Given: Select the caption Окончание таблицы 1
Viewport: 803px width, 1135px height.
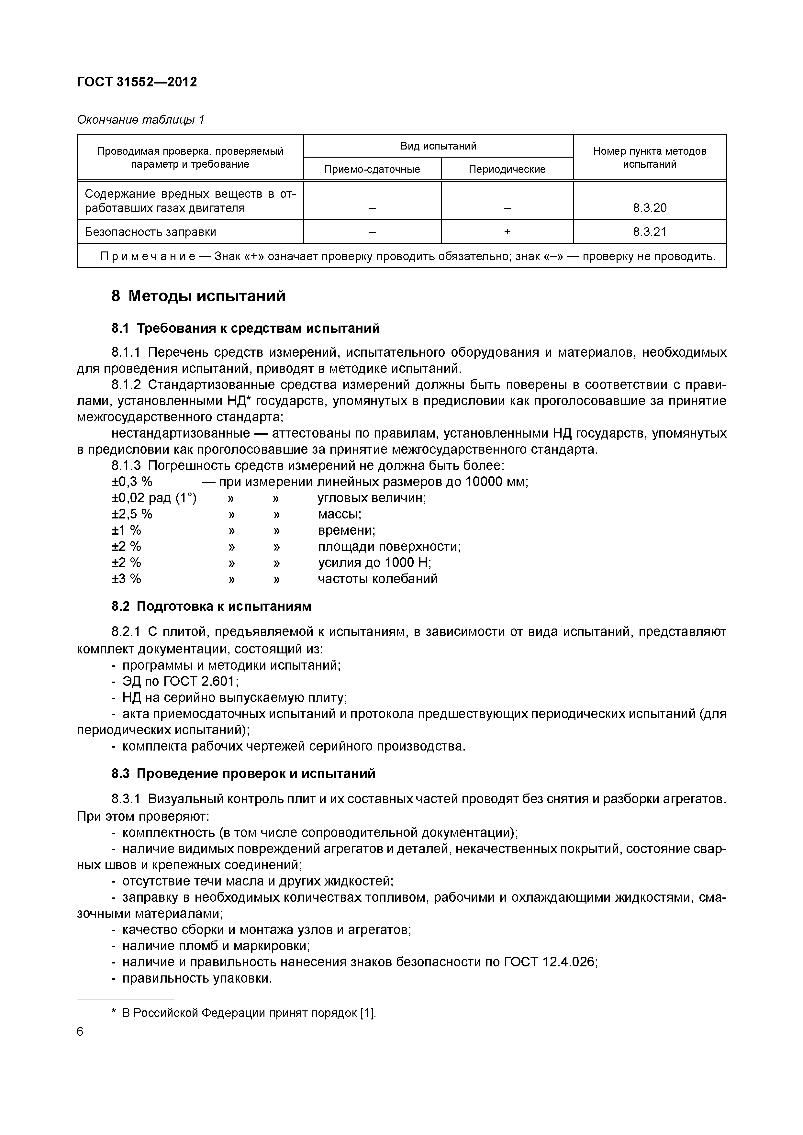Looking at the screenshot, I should pos(140,120).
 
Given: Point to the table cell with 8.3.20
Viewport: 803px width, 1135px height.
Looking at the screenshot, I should pos(649,208).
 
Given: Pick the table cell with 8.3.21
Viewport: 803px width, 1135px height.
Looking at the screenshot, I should pos(649,232).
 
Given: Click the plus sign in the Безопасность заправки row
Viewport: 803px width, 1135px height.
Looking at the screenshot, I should pos(507,232).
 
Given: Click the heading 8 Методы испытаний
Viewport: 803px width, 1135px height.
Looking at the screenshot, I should pos(198,296).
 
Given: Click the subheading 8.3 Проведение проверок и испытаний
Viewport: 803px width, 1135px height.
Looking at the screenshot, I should pos(243,773).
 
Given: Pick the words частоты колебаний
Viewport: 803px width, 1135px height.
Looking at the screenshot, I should pos(377,579).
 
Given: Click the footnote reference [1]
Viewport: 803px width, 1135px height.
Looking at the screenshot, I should pos(367,1013).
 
